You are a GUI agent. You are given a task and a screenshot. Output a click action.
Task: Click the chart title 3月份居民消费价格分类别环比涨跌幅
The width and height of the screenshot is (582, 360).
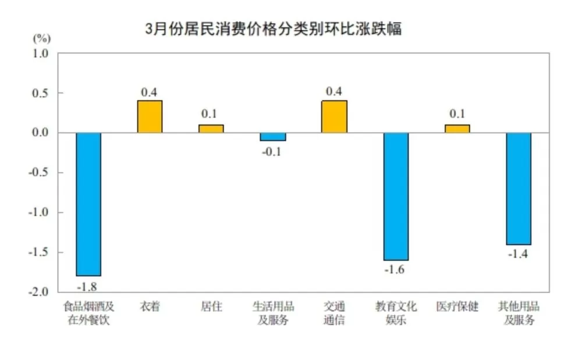click(x=273, y=28)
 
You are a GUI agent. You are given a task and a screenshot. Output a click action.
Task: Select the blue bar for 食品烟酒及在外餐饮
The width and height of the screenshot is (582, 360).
click(x=88, y=204)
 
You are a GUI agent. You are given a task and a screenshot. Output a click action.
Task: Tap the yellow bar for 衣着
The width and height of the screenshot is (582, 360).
click(x=150, y=116)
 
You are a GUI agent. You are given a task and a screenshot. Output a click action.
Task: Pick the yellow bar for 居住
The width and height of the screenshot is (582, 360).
click(x=211, y=129)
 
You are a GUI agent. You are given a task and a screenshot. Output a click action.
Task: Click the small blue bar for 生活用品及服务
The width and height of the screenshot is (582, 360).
click(x=272, y=137)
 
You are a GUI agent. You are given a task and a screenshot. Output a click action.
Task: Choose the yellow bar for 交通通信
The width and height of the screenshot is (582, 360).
click(x=334, y=116)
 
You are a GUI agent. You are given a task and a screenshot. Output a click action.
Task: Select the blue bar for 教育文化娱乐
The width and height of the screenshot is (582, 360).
click(x=396, y=196)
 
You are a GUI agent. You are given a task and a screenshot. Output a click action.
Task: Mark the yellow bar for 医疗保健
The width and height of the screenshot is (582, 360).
click(x=457, y=129)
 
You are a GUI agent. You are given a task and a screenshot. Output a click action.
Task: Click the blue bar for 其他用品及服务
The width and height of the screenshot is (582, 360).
click(x=519, y=188)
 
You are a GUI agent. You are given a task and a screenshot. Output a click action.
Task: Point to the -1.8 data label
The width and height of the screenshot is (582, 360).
click(x=88, y=286)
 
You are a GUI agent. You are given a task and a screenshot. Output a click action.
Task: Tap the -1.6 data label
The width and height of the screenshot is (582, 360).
click(x=396, y=270)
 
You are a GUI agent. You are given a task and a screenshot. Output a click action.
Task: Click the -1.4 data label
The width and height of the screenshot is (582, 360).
click(x=519, y=254)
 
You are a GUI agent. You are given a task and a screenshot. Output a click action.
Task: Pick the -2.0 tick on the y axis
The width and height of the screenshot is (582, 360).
click(x=40, y=292)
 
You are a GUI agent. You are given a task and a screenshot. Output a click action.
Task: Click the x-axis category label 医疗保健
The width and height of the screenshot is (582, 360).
click(x=457, y=306)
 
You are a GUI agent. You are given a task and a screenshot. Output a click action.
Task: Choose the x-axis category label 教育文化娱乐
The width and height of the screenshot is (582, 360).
click(x=396, y=313)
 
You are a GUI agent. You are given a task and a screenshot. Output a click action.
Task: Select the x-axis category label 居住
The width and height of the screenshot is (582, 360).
click(x=211, y=306)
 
